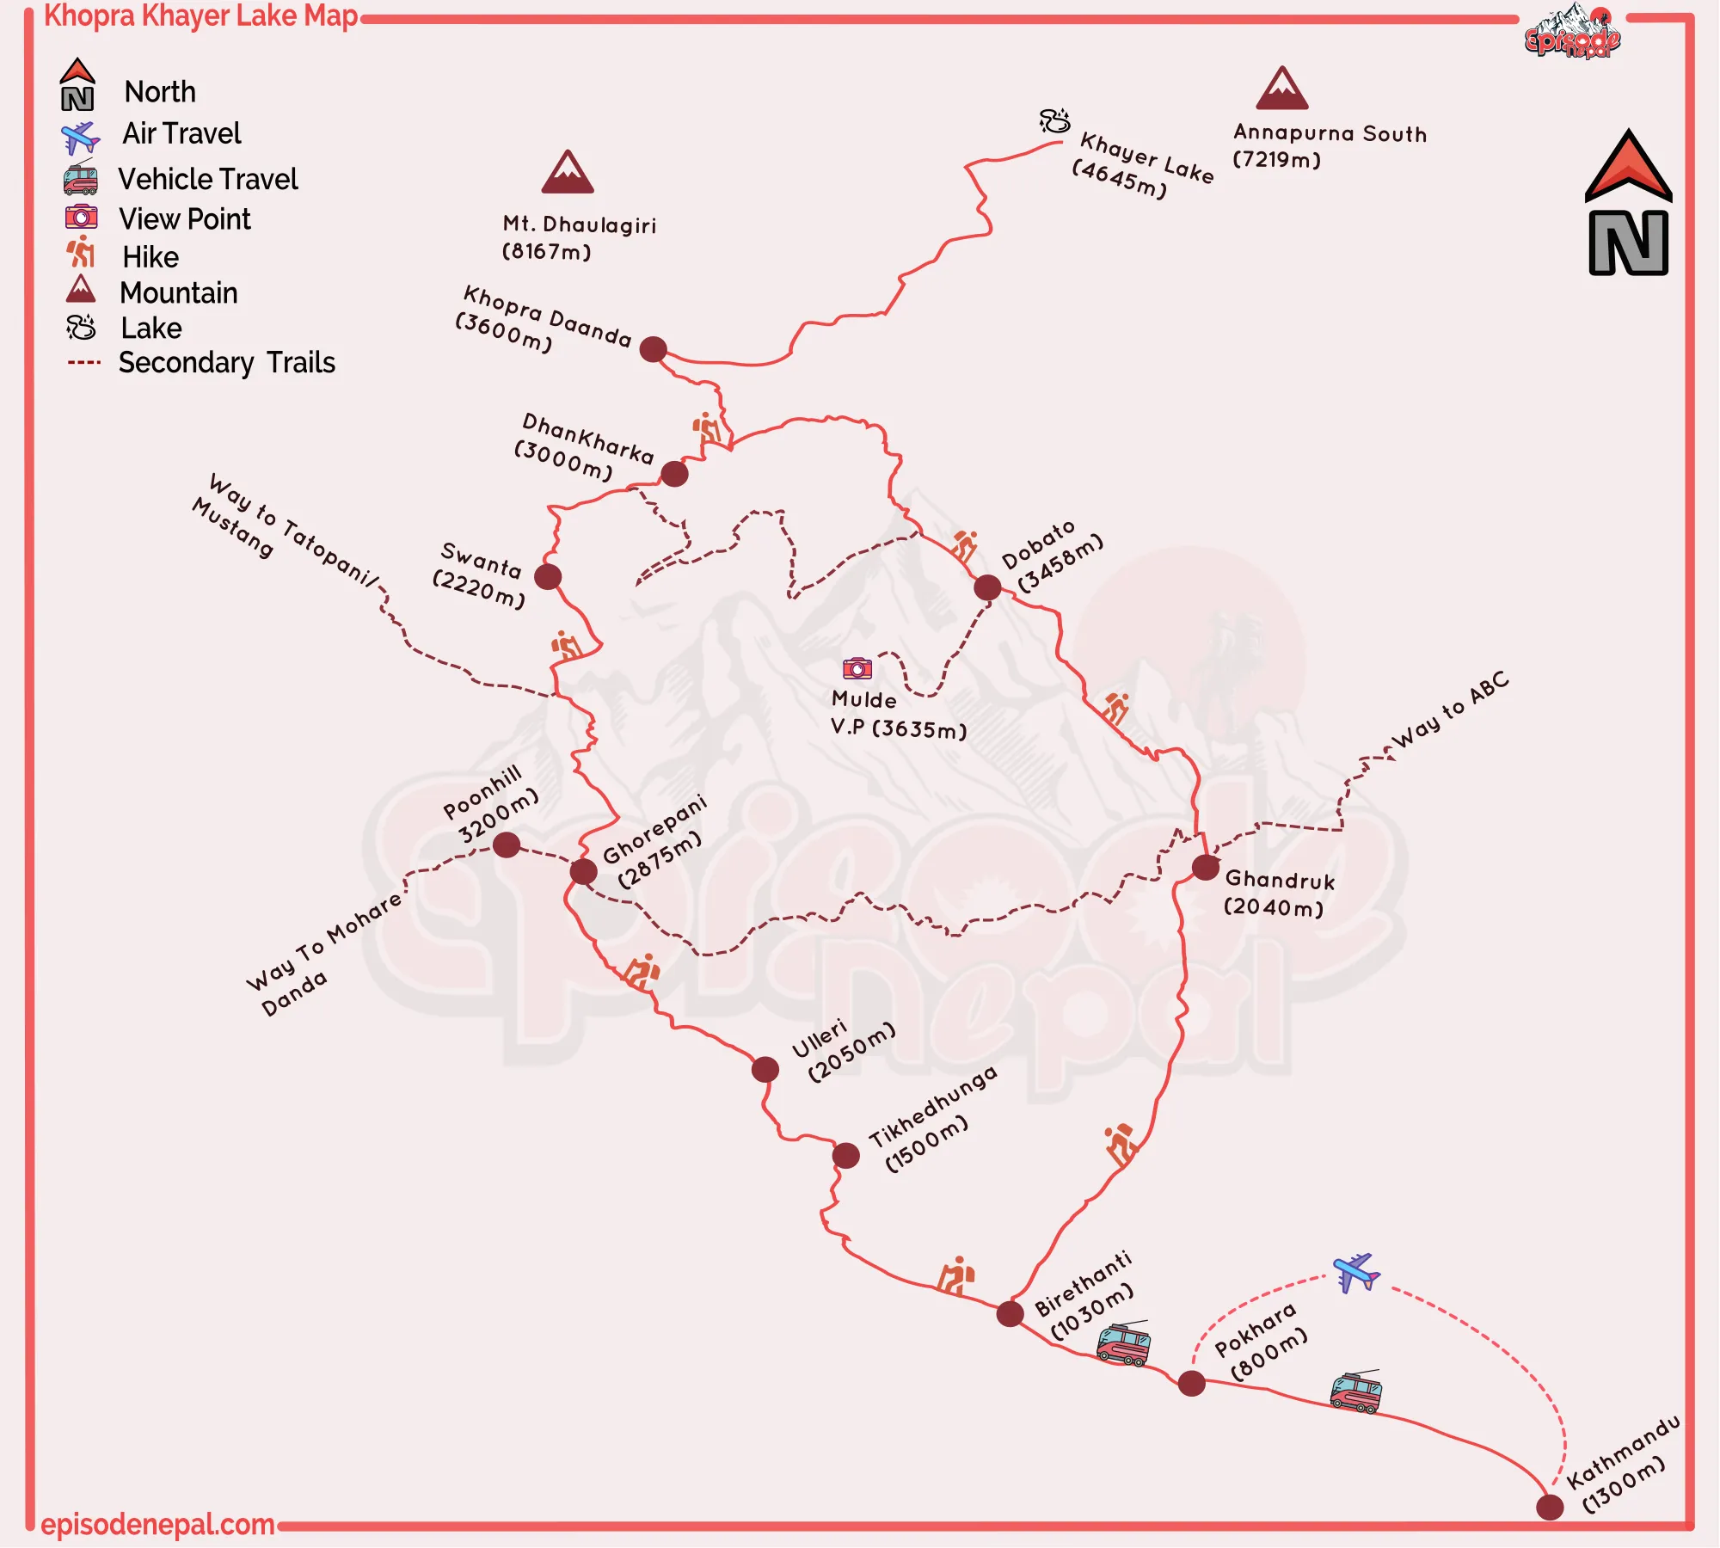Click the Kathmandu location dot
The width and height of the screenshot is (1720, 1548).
(1550, 1507)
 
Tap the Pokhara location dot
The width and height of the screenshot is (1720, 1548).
(1191, 1384)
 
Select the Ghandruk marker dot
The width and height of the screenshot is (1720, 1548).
(1206, 867)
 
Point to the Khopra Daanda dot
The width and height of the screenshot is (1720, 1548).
(654, 349)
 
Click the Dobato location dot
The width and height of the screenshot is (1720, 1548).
(987, 587)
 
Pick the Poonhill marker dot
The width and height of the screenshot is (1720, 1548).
(507, 845)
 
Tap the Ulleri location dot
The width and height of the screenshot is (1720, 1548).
(765, 1069)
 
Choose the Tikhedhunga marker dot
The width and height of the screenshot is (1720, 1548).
(846, 1155)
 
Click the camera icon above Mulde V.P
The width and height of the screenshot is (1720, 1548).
(857, 668)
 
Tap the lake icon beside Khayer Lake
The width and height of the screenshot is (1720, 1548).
(1054, 120)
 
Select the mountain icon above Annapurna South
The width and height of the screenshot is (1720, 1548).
(1282, 89)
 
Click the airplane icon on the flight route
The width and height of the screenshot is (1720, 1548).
(1356, 1272)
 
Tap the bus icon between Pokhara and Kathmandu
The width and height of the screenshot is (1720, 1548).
(1356, 1392)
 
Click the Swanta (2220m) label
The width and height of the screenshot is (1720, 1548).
(479, 574)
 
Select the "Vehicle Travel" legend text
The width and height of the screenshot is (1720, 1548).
(208, 179)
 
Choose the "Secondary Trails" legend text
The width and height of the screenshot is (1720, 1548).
(227, 363)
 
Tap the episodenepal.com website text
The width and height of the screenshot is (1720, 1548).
(157, 1525)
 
